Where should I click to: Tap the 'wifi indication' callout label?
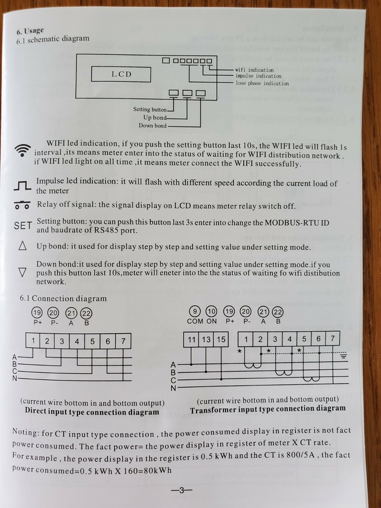coord(254,70)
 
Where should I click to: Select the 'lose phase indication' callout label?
coord(262,83)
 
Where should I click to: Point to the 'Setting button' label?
coord(150,109)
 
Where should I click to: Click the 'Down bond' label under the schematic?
coord(152,125)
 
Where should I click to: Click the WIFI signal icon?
coord(22,149)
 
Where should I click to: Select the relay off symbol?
coord(22,206)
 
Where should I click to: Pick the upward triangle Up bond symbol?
coord(22,246)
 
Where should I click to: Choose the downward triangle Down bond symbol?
coord(22,273)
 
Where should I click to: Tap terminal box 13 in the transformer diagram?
coord(206,339)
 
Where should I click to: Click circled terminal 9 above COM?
coord(195,312)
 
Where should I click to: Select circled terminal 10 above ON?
coord(211,312)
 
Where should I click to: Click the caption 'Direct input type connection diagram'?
coord(92,412)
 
